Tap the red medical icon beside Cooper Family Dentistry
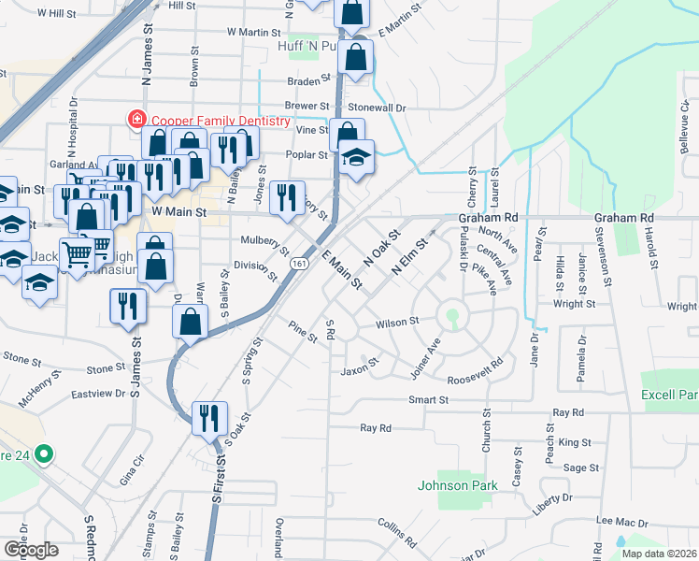(137, 120)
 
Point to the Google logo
(30, 550)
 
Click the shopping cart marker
(78, 253)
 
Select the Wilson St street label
(397, 324)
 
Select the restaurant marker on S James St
(129, 306)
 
